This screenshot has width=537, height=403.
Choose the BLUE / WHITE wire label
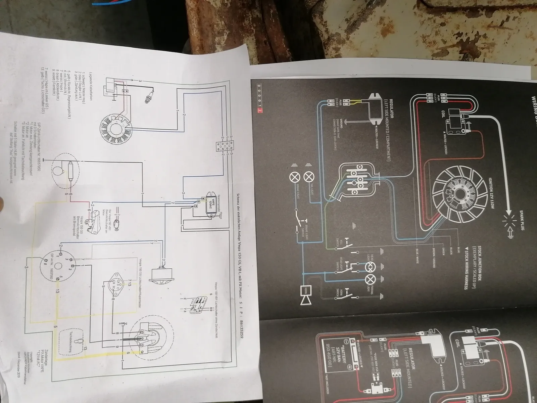418,258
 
